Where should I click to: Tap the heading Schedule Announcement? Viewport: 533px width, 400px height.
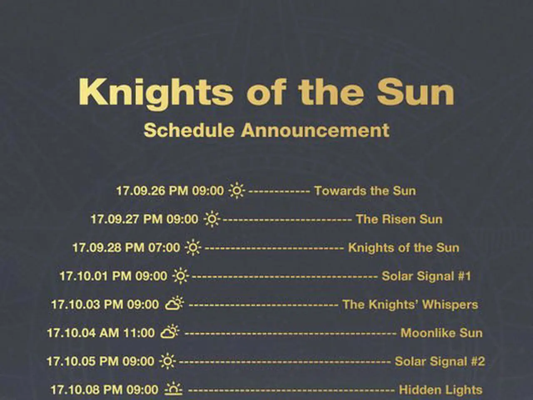pyautogui.click(x=266, y=130)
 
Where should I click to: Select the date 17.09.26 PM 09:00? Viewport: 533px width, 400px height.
pyautogui.click(x=170, y=191)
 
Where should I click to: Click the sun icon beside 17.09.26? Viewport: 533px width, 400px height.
pyautogui.click(x=237, y=191)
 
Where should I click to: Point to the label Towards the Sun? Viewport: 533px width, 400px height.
pyautogui.click(x=365, y=191)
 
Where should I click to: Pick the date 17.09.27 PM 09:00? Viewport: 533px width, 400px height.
pyautogui.click(x=144, y=219)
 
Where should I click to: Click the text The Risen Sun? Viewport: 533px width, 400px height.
pyautogui.click(x=399, y=219)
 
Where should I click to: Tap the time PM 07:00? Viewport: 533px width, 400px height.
pyautogui.click(x=152, y=248)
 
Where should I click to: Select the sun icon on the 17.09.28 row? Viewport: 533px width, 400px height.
pyautogui.click(x=193, y=247)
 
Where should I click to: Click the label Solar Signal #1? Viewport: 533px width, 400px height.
pyautogui.click(x=426, y=276)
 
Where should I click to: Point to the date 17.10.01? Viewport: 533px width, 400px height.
pyautogui.click(x=84, y=276)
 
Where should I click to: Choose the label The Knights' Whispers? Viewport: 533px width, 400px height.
pyautogui.click(x=410, y=305)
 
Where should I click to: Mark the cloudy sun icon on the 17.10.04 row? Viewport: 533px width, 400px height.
pyautogui.click(x=170, y=332)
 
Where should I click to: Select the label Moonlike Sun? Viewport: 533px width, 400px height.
pyautogui.click(x=441, y=333)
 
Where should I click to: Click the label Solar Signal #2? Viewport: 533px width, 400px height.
pyautogui.click(x=440, y=362)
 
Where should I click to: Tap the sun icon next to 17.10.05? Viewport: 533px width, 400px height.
pyautogui.click(x=167, y=361)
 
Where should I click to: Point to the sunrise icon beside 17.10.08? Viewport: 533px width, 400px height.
pyautogui.click(x=174, y=389)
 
